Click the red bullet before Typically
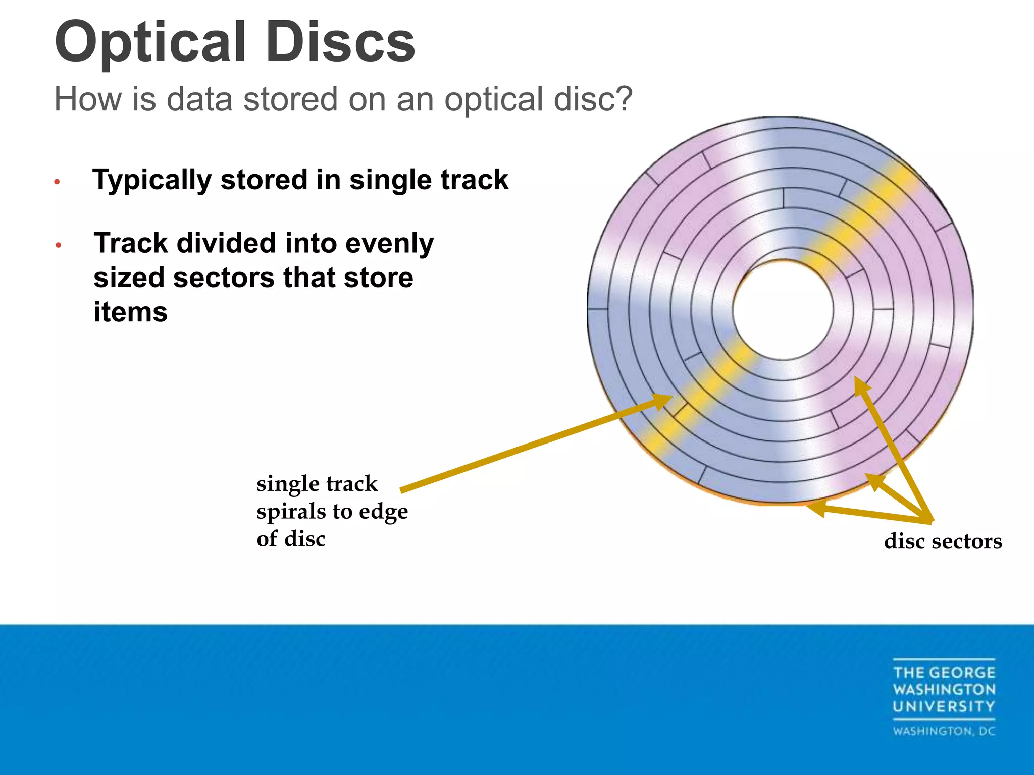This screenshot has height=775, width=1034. coord(58,182)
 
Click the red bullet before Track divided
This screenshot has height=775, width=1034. coord(59,245)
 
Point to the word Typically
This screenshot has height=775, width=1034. coord(152,181)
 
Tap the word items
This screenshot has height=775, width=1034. coord(130,312)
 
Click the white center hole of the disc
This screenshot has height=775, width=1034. coord(783,310)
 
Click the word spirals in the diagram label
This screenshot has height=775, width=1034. coord(291,511)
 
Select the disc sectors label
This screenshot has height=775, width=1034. coord(943,541)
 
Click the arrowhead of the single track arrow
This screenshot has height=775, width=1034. coord(664,400)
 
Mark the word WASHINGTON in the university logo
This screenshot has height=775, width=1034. coord(944,689)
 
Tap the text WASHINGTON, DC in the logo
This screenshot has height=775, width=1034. coord(944,731)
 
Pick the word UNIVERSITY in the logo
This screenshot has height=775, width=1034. coord(944,706)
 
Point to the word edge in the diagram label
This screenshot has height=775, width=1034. coord(383,512)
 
